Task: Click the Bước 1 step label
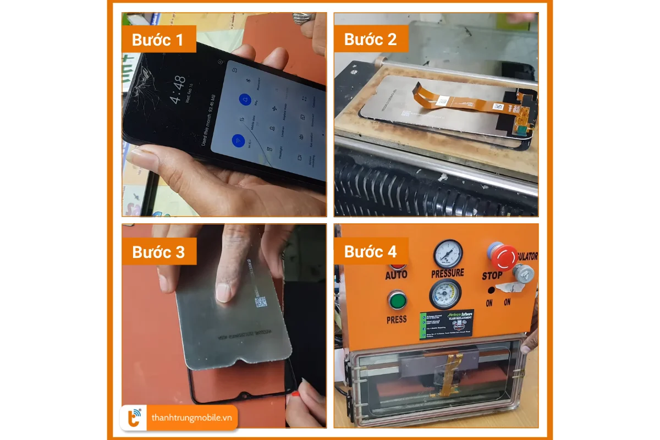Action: point(158,40)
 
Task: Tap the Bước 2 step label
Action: point(370,40)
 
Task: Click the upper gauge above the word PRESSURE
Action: point(448,254)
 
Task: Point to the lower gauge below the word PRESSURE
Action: point(446,294)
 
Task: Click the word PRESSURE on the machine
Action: point(448,273)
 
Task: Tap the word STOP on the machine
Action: point(492,276)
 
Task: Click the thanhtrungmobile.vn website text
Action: point(191,418)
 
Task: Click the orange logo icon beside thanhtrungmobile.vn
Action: point(134,418)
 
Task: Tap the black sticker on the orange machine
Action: point(446,324)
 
